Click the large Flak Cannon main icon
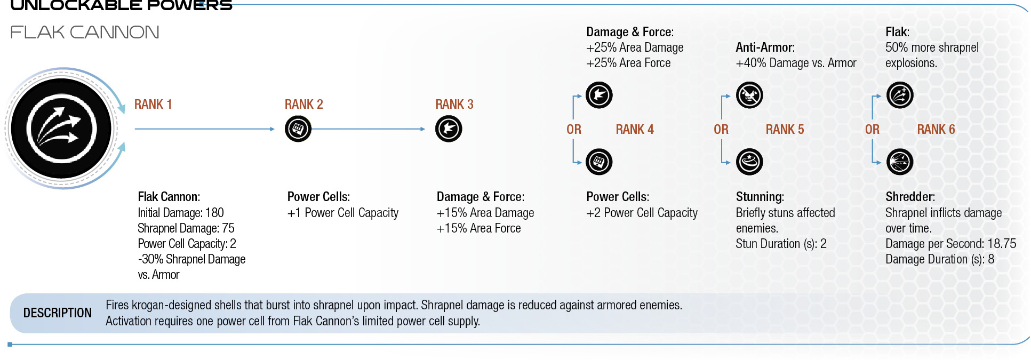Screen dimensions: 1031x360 61,129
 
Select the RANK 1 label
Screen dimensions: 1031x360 153,105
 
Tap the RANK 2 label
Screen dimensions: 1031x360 304,105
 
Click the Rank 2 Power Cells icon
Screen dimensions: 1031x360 298,129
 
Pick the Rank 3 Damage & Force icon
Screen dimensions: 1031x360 449,129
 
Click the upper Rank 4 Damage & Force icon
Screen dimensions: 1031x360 599,95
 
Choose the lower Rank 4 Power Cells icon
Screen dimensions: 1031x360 599,162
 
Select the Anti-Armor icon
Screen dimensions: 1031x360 749,95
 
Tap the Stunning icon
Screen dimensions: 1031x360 749,162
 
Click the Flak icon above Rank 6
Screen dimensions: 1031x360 900,95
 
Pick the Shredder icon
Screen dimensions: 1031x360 900,162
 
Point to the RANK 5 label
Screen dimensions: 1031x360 785,130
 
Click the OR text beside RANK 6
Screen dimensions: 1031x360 872,130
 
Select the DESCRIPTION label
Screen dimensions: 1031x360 58,313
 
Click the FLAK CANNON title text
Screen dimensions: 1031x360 85,32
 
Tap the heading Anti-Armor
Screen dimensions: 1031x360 765,47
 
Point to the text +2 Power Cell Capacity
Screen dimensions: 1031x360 642,213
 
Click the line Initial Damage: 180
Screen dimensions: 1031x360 181,213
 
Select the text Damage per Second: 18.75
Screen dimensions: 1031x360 951,244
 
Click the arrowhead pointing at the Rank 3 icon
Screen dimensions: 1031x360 422,129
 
